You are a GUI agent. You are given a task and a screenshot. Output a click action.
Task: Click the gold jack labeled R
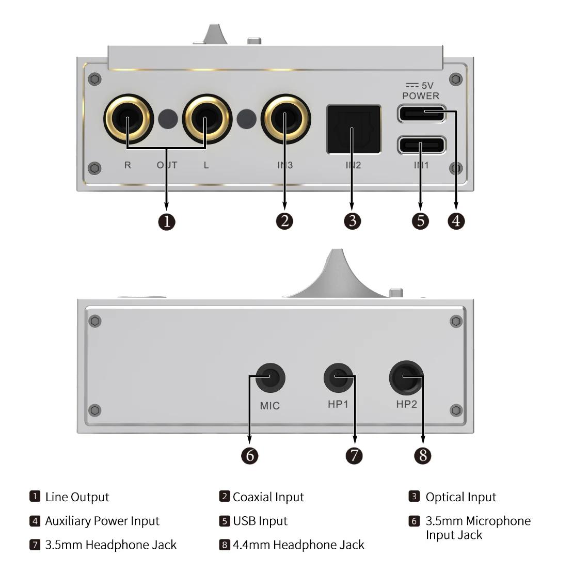coord(128,118)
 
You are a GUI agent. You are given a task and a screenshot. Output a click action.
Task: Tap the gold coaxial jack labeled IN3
coord(285,118)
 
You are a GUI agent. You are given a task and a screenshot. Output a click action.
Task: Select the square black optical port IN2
coord(354,129)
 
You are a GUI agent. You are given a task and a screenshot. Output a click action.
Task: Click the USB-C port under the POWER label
coord(421,113)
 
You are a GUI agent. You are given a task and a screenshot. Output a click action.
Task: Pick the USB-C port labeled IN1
coord(421,145)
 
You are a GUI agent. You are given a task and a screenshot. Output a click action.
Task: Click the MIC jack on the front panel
coord(270,378)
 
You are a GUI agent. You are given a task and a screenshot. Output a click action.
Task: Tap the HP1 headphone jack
coord(338,377)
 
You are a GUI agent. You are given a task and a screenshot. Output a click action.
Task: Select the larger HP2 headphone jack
coord(406,377)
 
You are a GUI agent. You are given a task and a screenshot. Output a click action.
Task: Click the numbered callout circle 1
coord(166,221)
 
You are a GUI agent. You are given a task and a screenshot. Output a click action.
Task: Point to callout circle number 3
coord(353,221)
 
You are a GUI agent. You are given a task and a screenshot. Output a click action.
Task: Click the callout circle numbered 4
coord(456,221)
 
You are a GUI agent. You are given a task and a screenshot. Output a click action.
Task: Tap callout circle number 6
coord(250,455)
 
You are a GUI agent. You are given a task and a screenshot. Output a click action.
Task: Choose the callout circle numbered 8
coord(423,455)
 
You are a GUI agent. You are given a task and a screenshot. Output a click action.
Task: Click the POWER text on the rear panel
coord(421,95)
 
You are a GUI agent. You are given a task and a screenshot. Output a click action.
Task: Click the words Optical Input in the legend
coord(460,497)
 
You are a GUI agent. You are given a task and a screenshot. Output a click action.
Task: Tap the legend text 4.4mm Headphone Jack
coord(298,545)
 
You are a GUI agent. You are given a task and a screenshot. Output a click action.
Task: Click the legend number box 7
coord(35,545)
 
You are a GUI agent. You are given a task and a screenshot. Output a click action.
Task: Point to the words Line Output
coord(77,497)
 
